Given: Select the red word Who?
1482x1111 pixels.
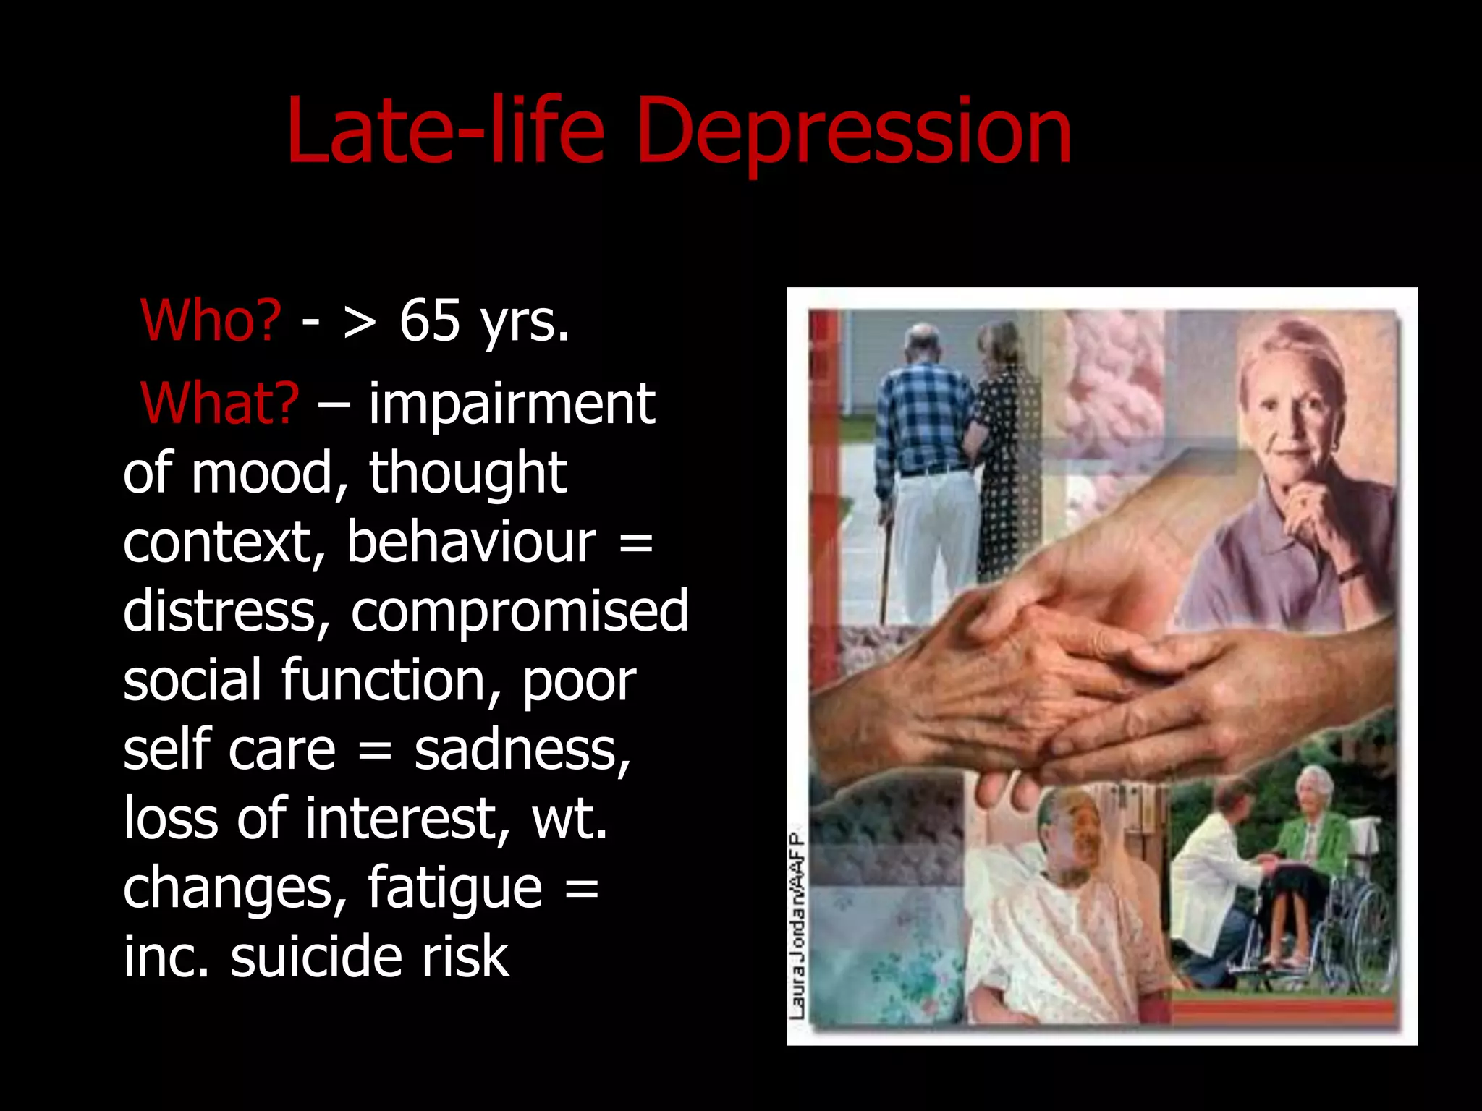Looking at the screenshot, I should point(211,320).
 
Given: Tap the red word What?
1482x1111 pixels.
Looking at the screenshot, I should point(220,404).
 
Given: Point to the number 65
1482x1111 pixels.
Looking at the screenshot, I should point(430,320).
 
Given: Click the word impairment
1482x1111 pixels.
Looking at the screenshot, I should point(512,404).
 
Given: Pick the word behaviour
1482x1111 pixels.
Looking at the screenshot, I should point(471,542).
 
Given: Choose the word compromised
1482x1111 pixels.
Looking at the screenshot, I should point(520,611).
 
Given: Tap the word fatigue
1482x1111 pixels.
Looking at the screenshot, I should point(454,887).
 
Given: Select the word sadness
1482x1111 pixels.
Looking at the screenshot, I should point(522,749).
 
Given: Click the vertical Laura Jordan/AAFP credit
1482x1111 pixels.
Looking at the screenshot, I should point(797,926).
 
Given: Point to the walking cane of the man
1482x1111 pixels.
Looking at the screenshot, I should point(884,571).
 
